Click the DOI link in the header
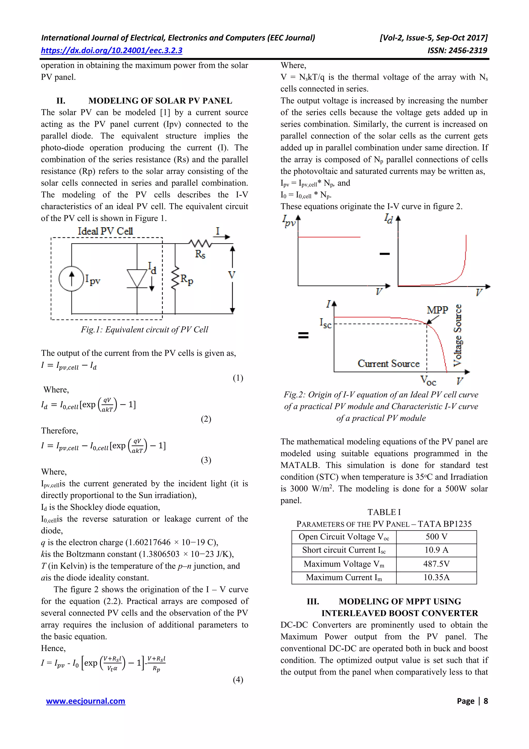(112, 51)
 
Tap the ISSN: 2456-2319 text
(457, 51)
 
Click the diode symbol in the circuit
(137, 278)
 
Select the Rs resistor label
(200, 254)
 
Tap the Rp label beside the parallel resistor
(187, 279)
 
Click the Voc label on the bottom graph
(428, 380)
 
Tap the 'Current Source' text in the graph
(388, 364)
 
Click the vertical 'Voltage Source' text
(458, 335)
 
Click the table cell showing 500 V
(436, 537)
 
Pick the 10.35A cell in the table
(436, 577)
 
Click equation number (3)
(206, 460)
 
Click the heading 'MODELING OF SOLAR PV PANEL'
(160, 101)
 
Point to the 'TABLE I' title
(384, 512)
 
